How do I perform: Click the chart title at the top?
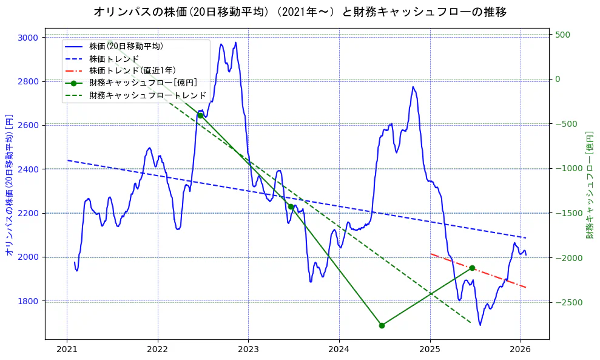(x=300, y=12)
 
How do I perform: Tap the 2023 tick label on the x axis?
(x=248, y=349)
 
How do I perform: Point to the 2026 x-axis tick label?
(x=521, y=349)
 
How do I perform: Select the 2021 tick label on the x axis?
(x=67, y=349)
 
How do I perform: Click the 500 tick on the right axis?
(x=562, y=35)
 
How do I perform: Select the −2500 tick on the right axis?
(x=566, y=302)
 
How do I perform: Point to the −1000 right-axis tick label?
(x=566, y=168)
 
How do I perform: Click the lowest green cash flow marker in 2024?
(x=382, y=325)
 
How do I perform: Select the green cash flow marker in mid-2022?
(x=200, y=115)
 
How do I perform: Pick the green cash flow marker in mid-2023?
(x=291, y=207)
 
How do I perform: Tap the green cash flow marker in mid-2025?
(x=472, y=268)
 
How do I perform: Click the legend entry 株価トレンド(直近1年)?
(x=132, y=71)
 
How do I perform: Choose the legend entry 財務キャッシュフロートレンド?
(x=147, y=96)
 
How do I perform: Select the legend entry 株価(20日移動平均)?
(x=126, y=46)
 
